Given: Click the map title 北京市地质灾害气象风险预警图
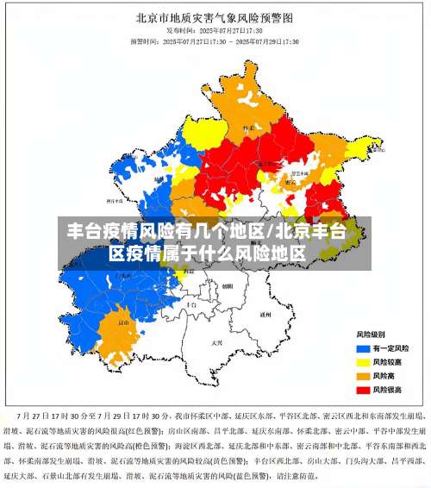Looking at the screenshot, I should [215, 16].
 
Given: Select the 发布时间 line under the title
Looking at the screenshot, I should [215, 28].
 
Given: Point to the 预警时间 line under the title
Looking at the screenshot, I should [215, 41].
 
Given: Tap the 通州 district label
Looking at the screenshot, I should [265, 315].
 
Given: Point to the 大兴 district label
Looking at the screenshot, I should [216, 342].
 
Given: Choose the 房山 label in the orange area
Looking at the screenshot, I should [123, 323].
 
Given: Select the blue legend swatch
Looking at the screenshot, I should [363, 347].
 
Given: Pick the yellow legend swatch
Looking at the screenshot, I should [363, 361].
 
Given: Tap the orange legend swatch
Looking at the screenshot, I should [363, 376].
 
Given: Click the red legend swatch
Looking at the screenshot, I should [363, 390].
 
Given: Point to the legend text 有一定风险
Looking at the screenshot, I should [390, 347].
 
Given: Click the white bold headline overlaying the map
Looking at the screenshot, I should [207, 242].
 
